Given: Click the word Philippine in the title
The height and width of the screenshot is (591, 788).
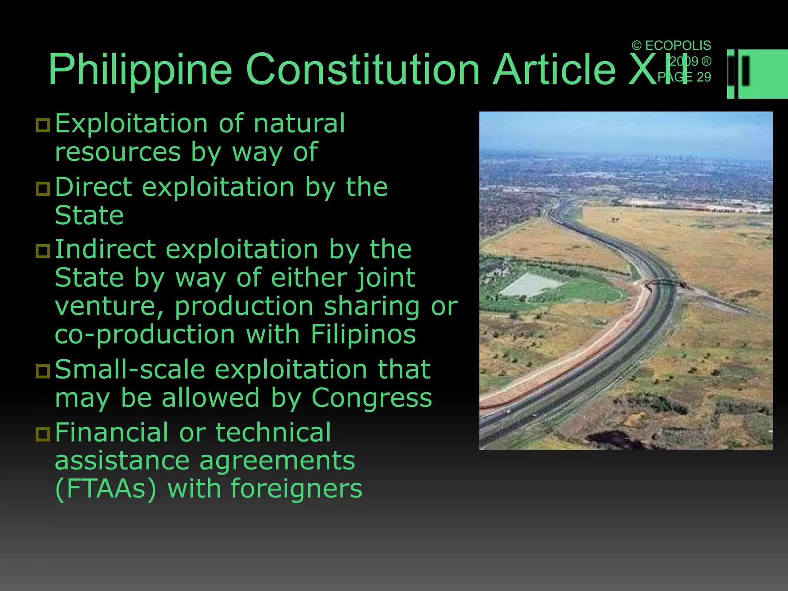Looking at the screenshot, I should point(140,70).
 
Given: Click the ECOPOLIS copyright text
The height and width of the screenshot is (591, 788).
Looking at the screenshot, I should point(671,45).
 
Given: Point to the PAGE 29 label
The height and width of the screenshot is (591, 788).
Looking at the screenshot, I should point(684,77).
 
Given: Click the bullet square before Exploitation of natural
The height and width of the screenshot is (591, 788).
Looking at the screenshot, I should point(43,125).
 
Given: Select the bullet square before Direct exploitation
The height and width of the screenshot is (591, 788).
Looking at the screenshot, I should point(43,189).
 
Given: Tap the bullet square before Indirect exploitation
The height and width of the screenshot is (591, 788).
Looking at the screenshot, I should point(43,251).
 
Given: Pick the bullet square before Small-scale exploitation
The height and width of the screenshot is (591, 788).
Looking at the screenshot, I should point(43,371).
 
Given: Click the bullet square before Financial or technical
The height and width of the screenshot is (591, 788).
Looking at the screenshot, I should point(43,434).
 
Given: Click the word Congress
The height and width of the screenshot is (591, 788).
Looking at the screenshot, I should point(372,398).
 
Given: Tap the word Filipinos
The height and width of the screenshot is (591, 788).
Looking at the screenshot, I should point(363,334).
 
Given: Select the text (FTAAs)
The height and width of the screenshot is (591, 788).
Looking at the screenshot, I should point(106,489).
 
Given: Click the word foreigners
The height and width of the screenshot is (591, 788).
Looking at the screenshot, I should point(296,489).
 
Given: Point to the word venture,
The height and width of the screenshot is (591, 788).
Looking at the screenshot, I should point(109,307).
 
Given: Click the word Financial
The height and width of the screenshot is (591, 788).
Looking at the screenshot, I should point(112,432).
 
